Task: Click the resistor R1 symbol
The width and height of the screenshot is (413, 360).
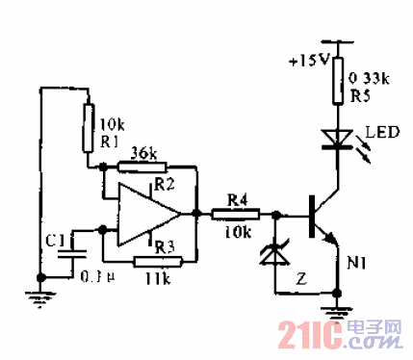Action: click(88, 123)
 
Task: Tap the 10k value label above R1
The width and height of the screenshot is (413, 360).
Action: click(111, 125)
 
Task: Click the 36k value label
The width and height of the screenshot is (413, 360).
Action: click(144, 152)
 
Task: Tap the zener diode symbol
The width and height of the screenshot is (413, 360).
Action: click(274, 255)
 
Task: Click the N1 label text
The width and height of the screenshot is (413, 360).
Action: click(358, 262)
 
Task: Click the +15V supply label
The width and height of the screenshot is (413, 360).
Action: click(307, 60)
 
